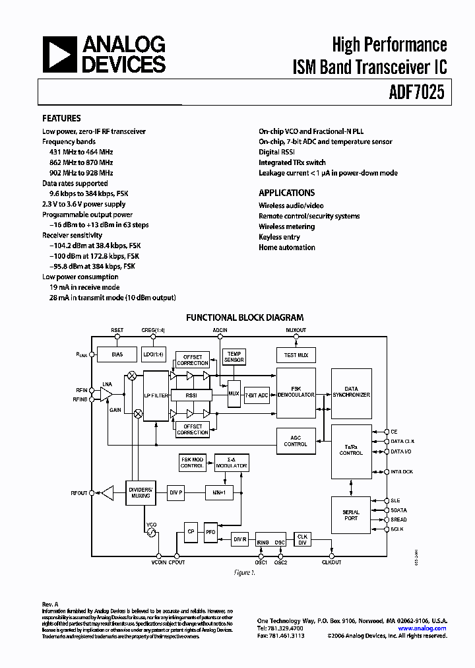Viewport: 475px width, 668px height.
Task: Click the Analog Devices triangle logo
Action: pyautogui.click(x=58, y=54)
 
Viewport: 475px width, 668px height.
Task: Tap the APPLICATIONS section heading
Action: pyautogui.click(x=286, y=193)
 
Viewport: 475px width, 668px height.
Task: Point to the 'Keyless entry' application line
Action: pyautogui.click(x=279, y=237)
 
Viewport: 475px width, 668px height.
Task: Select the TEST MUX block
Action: pyautogui.click(x=295, y=354)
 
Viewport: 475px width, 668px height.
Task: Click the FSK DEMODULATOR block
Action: pyautogui.click(x=295, y=394)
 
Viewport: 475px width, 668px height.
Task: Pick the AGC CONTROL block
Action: pyautogui.click(x=295, y=441)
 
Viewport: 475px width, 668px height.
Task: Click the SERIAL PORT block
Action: pyautogui.click(x=351, y=516)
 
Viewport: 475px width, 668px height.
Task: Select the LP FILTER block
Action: pyautogui.click(x=156, y=395)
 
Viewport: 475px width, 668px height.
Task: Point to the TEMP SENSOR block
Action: pyautogui.click(x=234, y=356)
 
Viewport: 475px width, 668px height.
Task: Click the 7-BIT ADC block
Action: pyautogui.click(x=257, y=395)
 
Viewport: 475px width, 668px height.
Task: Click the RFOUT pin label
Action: pyautogui.click(x=79, y=492)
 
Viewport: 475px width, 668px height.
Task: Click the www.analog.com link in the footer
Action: pyautogui.click(x=422, y=628)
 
